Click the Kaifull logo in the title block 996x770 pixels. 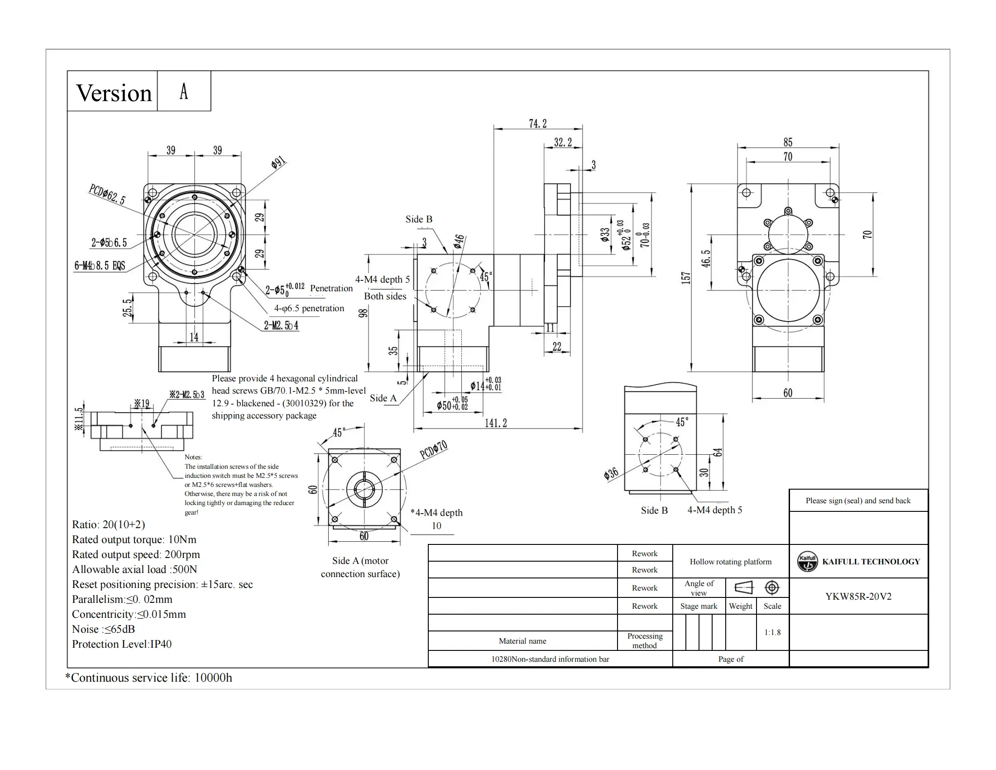(x=807, y=561)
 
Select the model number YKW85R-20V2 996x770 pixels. (x=858, y=596)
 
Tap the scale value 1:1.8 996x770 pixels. (x=772, y=632)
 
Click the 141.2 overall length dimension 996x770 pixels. (x=496, y=423)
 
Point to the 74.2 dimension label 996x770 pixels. (x=538, y=124)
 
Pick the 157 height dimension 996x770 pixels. (x=685, y=277)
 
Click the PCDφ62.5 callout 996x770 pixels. (x=107, y=194)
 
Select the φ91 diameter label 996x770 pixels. (x=278, y=162)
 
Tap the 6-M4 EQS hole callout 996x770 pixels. (x=100, y=265)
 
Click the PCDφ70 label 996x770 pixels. (x=433, y=449)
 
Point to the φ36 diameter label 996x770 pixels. (x=611, y=473)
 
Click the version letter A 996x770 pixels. (x=184, y=91)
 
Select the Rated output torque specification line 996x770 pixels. (x=134, y=539)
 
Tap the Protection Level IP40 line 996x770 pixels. (x=122, y=644)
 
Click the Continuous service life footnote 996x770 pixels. (x=148, y=678)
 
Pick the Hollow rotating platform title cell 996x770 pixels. (x=731, y=562)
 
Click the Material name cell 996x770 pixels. (x=522, y=641)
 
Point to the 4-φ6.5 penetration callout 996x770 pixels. (x=309, y=308)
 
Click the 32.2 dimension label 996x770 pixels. (x=563, y=142)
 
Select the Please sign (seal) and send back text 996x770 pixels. (x=858, y=500)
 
